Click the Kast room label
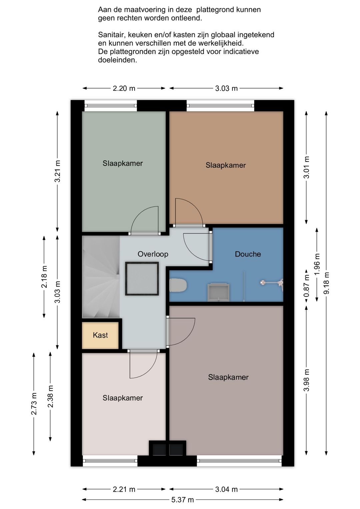coord(100,335)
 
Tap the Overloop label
coord(153,254)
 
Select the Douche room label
coord(248,254)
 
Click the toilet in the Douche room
coord(178,285)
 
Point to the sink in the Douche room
coord(218,292)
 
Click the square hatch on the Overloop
coord(142,279)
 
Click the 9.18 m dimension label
coord(326,283)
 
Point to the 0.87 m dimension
coord(306,286)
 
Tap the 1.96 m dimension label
coord(317,264)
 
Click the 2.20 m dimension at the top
coord(124,88)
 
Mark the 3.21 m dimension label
coord(57,171)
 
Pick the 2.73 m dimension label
coord(34,404)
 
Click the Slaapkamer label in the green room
coord(123,163)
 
